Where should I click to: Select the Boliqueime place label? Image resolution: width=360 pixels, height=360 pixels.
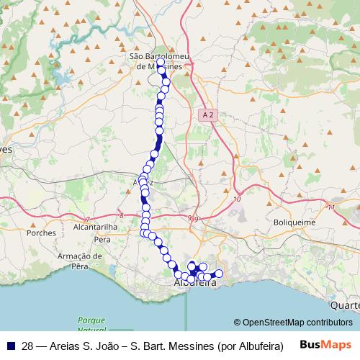pyautogui.click(x=294, y=222)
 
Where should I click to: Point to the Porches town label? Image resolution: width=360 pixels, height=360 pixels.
pyautogui.click(x=40, y=233)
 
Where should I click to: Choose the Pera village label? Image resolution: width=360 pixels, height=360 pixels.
pyautogui.click(x=102, y=238)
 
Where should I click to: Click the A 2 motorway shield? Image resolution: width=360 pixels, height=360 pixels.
pyautogui.click(x=208, y=114)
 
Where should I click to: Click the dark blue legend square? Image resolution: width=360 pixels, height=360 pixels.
pyautogui.click(x=9, y=345)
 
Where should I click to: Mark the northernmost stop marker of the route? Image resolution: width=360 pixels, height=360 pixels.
pyautogui.click(x=161, y=62)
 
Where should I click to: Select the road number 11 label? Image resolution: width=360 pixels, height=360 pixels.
pyautogui.click(x=330, y=207)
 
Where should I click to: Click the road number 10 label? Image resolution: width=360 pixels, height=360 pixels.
pyautogui.click(x=238, y=199)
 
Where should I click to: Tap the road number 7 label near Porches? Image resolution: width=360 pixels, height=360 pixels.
pyautogui.click(x=87, y=218)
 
